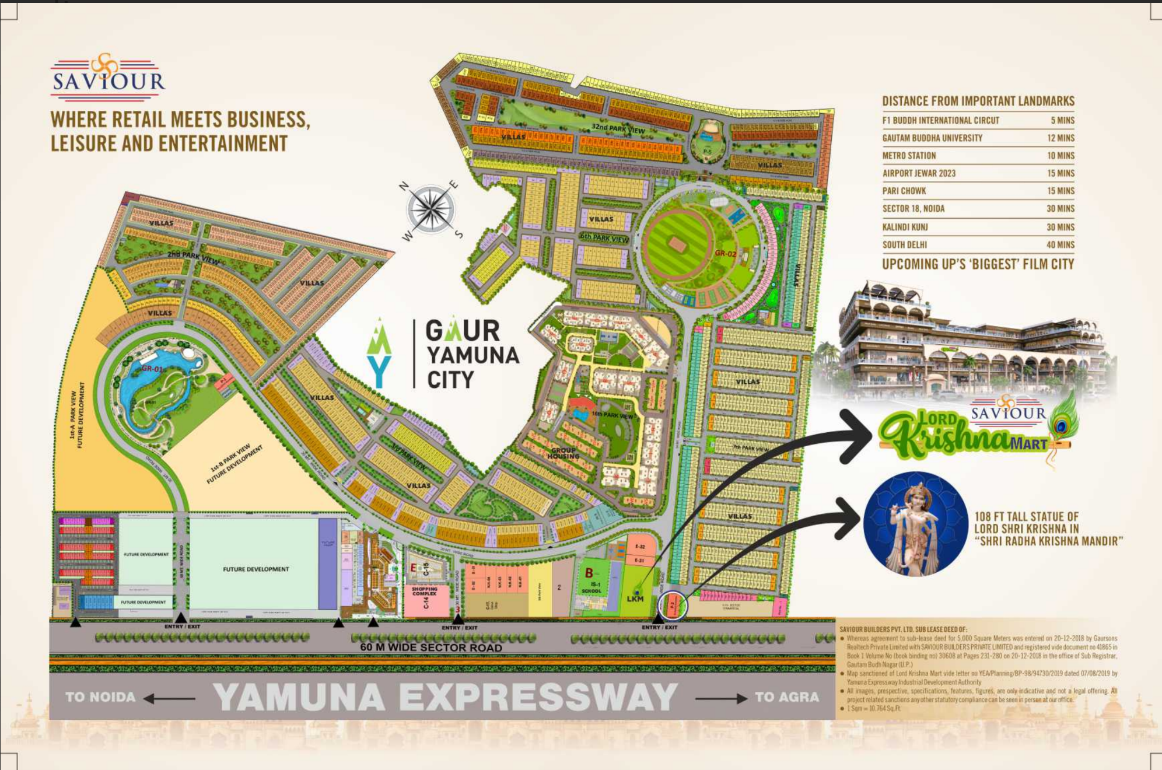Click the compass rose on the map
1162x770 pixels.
point(430,209)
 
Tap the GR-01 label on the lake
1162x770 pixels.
point(152,369)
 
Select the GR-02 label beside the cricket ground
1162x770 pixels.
point(726,254)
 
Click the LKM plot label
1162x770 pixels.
point(635,598)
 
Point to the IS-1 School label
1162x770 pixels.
point(593,587)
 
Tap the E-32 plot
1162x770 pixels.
point(640,547)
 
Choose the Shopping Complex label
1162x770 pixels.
point(425,591)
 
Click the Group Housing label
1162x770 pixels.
point(563,453)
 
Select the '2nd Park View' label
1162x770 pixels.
point(193,257)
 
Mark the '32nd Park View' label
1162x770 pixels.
point(618,128)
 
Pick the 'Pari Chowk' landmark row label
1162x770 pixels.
point(904,191)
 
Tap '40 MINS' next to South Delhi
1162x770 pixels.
point(1060,244)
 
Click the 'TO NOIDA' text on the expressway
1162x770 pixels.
point(100,697)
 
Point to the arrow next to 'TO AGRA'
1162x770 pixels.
point(721,698)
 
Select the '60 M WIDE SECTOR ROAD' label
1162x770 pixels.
point(431,647)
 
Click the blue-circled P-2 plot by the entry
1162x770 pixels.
point(673,605)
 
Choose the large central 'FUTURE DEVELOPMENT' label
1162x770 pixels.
point(256,569)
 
